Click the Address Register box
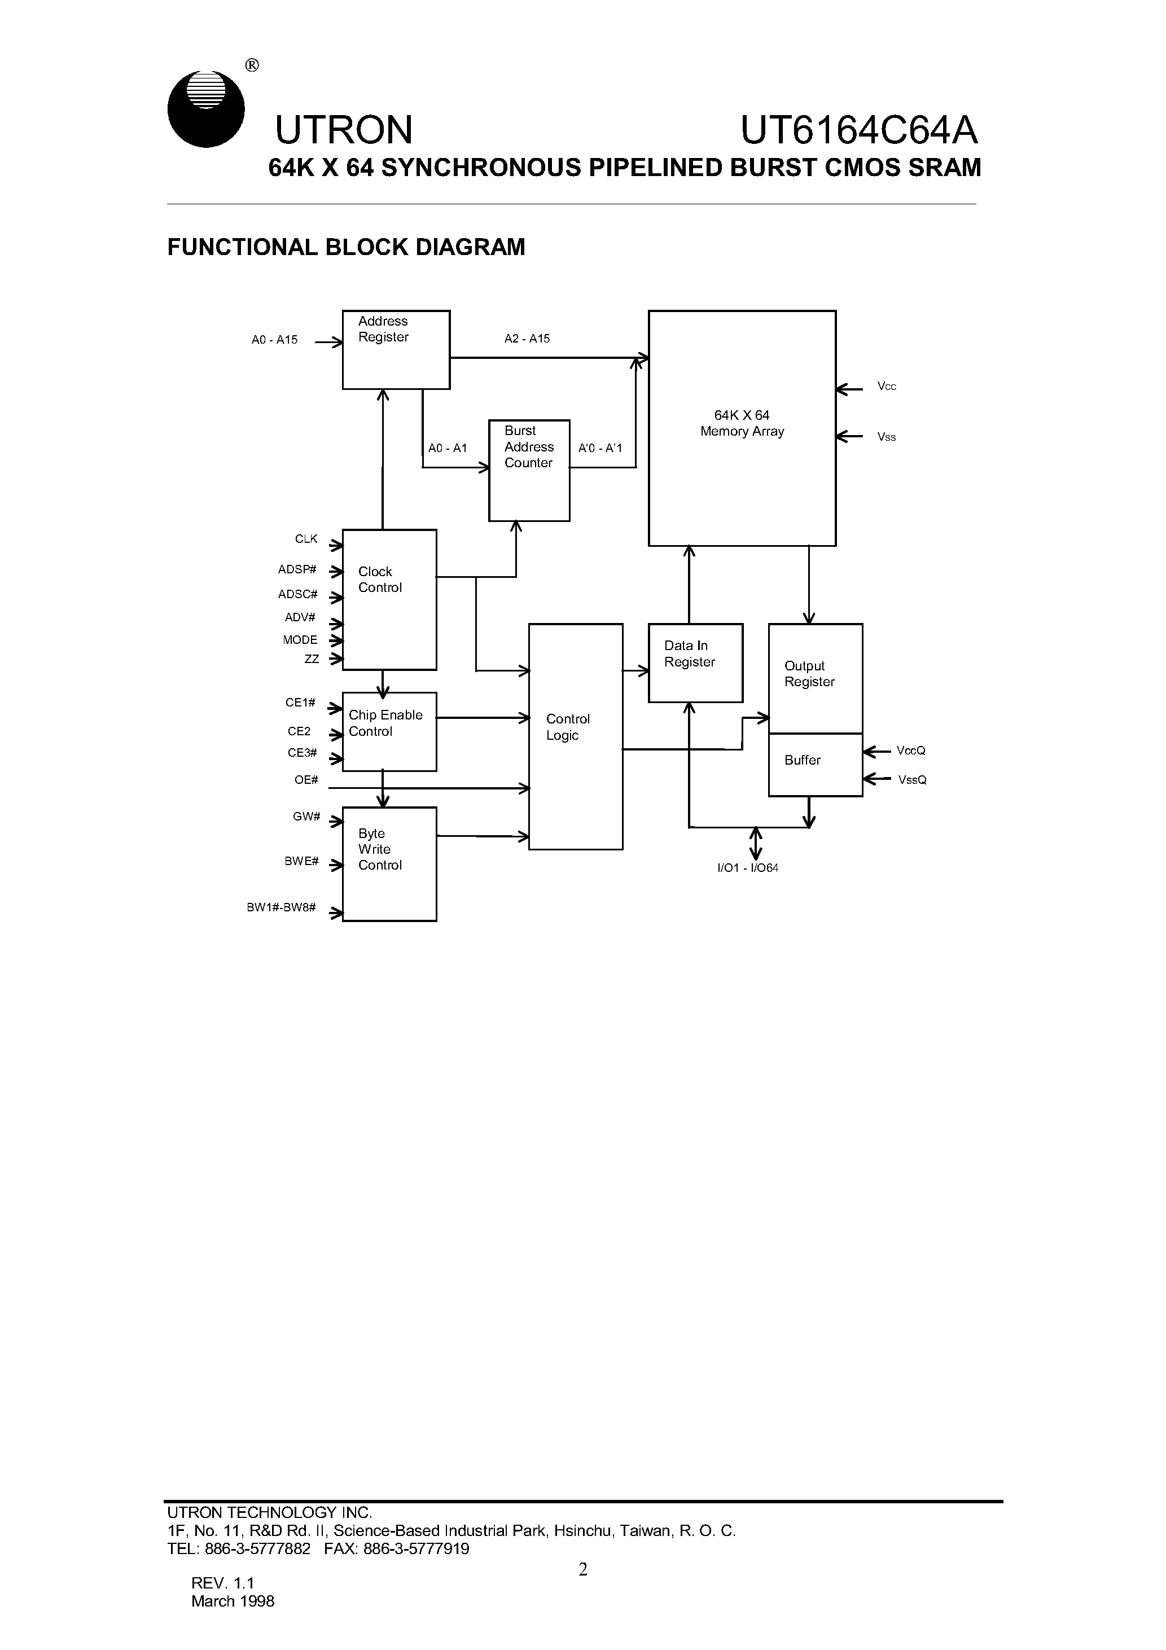click(396, 350)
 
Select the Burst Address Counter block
click(528, 470)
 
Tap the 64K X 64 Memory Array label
click(742, 423)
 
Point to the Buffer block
click(814, 764)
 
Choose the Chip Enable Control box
click(389, 731)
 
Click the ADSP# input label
click(297, 569)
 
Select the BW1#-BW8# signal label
click(281, 907)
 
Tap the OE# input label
click(305, 780)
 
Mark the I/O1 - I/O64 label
click(748, 867)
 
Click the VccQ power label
click(910, 751)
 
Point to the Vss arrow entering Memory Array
click(850, 436)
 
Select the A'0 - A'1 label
click(599, 447)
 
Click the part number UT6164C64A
click(858, 130)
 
